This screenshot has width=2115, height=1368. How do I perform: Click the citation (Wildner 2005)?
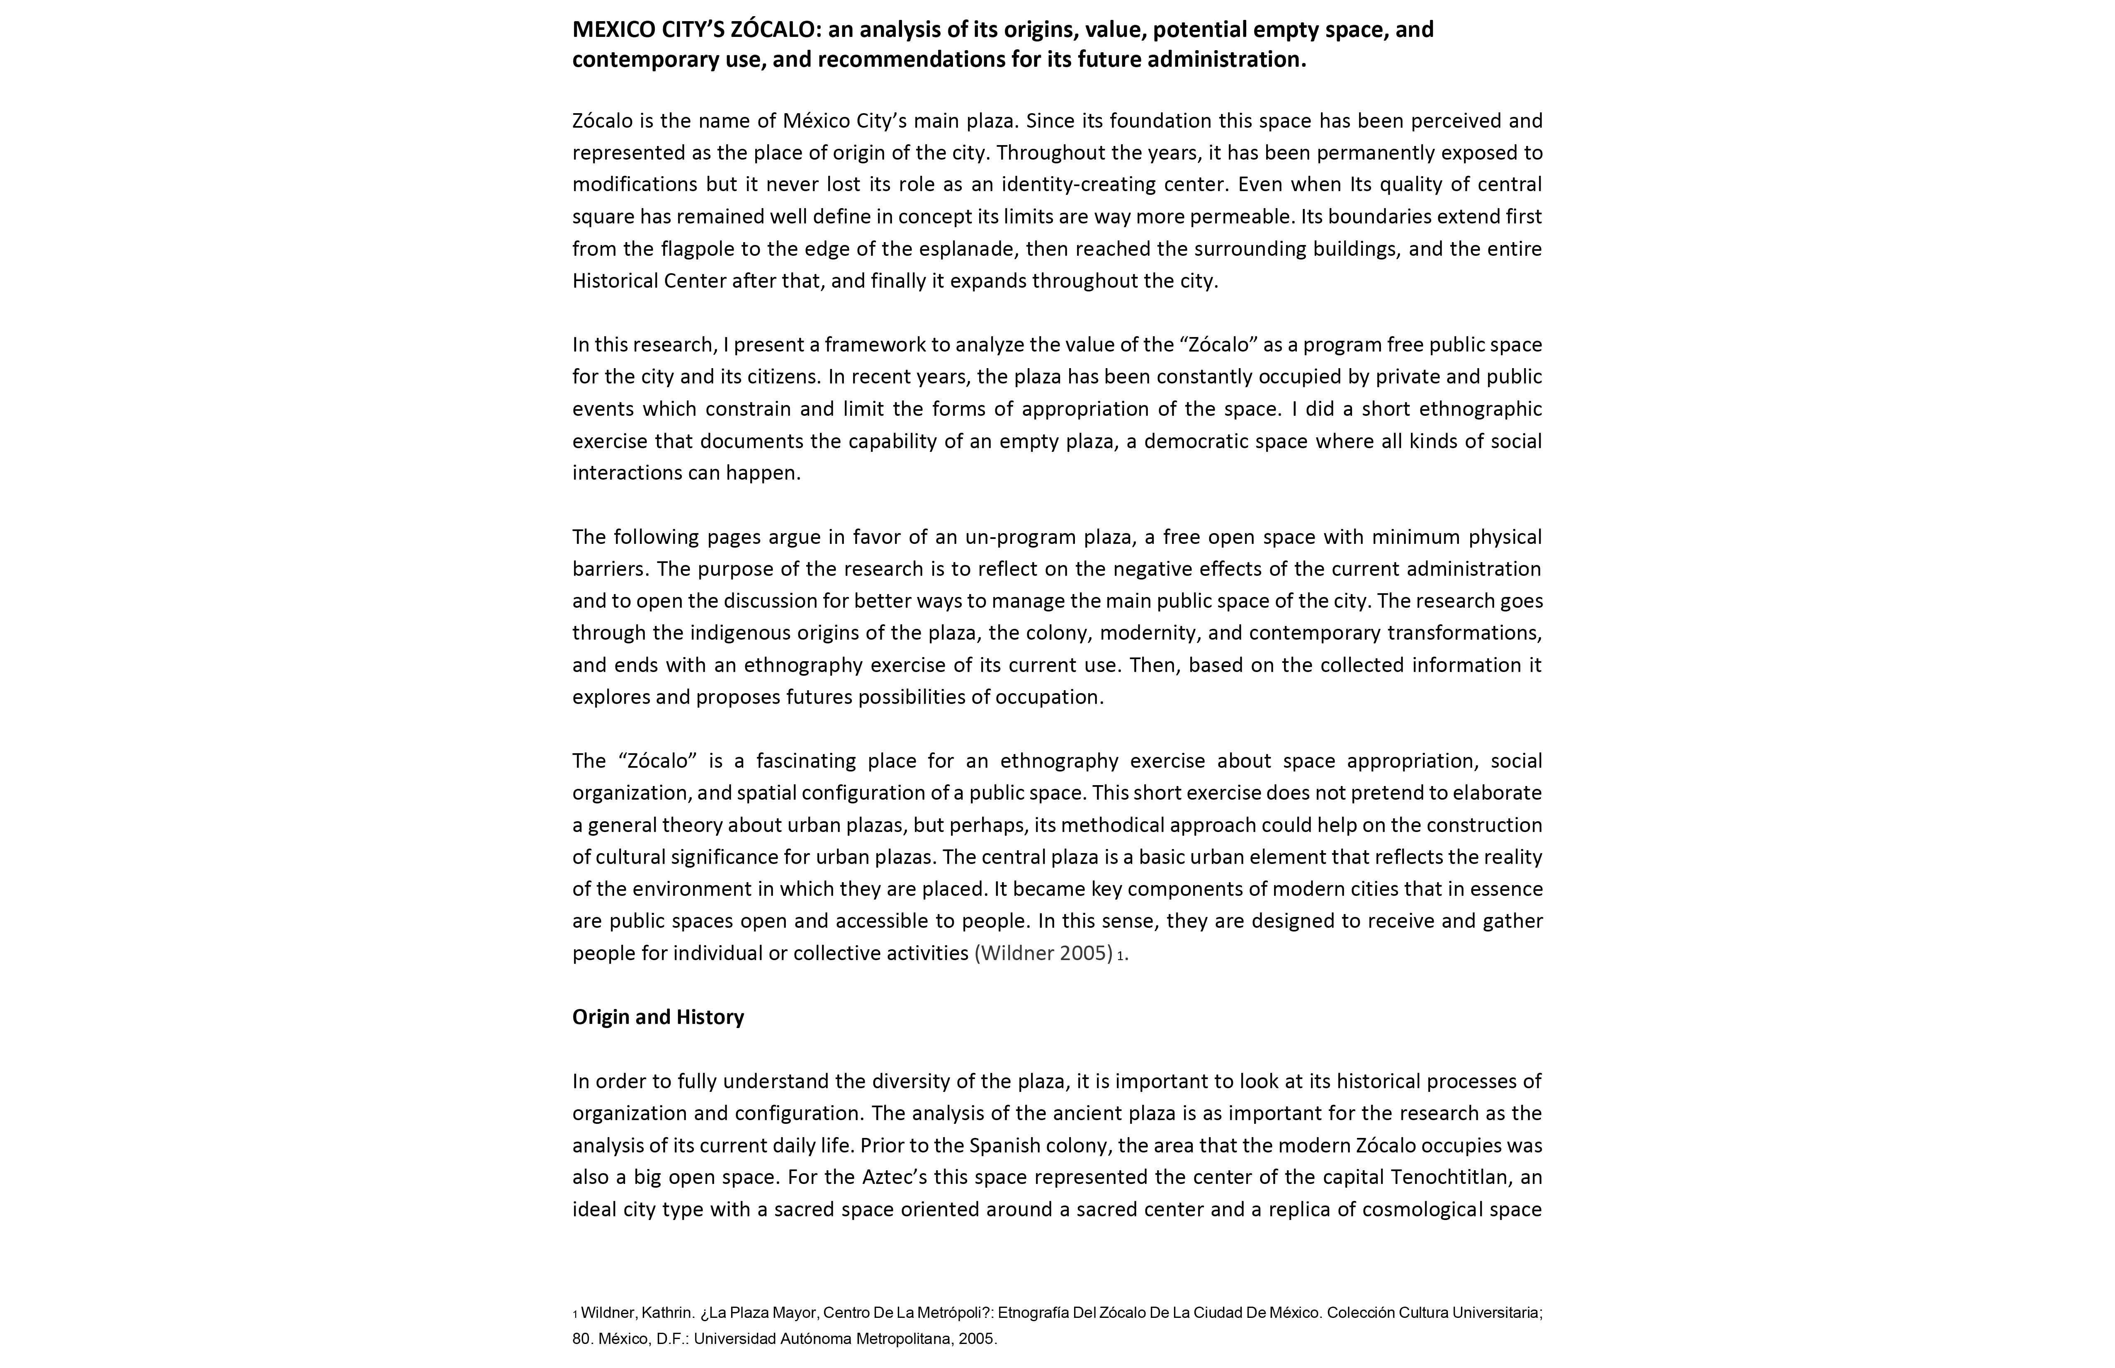[1043, 953]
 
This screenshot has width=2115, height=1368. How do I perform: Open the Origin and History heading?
[658, 1017]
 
